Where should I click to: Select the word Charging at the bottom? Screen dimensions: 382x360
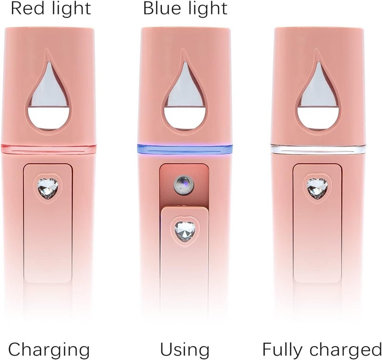pyautogui.click(x=49, y=350)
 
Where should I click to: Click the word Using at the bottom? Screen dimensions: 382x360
pyautogui.click(x=185, y=349)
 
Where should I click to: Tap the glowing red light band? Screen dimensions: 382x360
pyautogui.click(x=49, y=149)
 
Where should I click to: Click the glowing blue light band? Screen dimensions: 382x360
pyautogui.click(x=185, y=149)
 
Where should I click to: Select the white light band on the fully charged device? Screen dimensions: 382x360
pyautogui.click(x=318, y=149)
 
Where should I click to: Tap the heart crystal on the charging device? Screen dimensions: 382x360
pyautogui.click(x=47, y=187)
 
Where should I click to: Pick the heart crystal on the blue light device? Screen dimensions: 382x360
pyautogui.click(x=185, y=230)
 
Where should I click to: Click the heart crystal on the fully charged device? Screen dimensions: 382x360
pyautogui.click(x=317, y=187)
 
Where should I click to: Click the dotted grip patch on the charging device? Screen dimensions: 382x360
pyautogui.click(x=48, y=259)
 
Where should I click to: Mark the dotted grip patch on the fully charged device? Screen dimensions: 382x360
pyautogui.click(x=318, y=259)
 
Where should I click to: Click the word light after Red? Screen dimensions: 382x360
pyautogui.click(x=71, y=8)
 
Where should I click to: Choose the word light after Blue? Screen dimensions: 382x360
pyautogui.click(x=208, y=8)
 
